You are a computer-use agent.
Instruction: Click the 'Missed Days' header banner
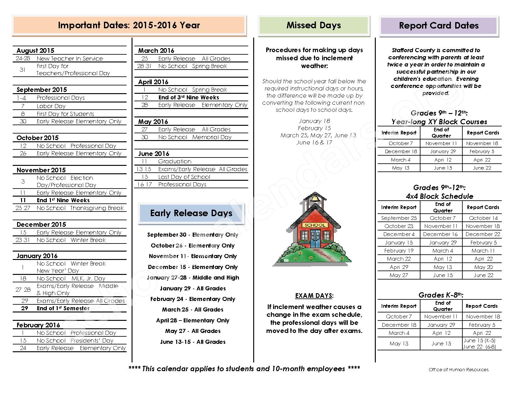(x=314, y=25)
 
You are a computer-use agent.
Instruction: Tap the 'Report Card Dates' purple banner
(x=438, y=25)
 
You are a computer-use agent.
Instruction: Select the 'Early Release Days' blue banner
(x=191, y=213)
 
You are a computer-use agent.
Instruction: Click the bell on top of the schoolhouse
(x=315, y=198)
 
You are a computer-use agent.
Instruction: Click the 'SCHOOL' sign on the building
(x=315, y=225)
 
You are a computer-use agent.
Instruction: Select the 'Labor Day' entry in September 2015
(x=51, y=106)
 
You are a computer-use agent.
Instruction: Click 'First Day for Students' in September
(x=65, y=114)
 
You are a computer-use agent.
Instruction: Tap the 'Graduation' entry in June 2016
(x=175, y=161)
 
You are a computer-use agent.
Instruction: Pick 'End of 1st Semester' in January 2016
(x=63, y=308)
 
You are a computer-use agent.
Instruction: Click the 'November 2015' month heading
(x=41, y=170)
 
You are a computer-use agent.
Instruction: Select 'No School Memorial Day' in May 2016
(x=195, y=137)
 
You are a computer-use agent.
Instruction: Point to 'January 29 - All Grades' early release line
(x=193, y=288)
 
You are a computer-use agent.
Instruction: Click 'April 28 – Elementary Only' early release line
(x=193, y=320)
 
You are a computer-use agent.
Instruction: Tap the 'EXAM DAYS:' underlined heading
(x=314, y=296)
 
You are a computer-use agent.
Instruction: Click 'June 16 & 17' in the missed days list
(x=314, y=142)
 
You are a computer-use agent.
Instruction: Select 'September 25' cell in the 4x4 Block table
(x=399, y=218)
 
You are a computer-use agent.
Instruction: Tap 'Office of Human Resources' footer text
(x=458, y=370)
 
